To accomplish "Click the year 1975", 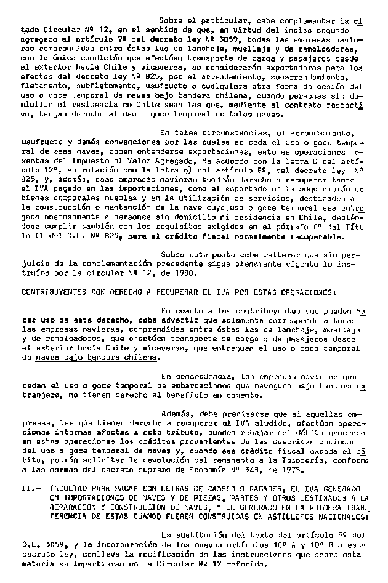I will point(292,471).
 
